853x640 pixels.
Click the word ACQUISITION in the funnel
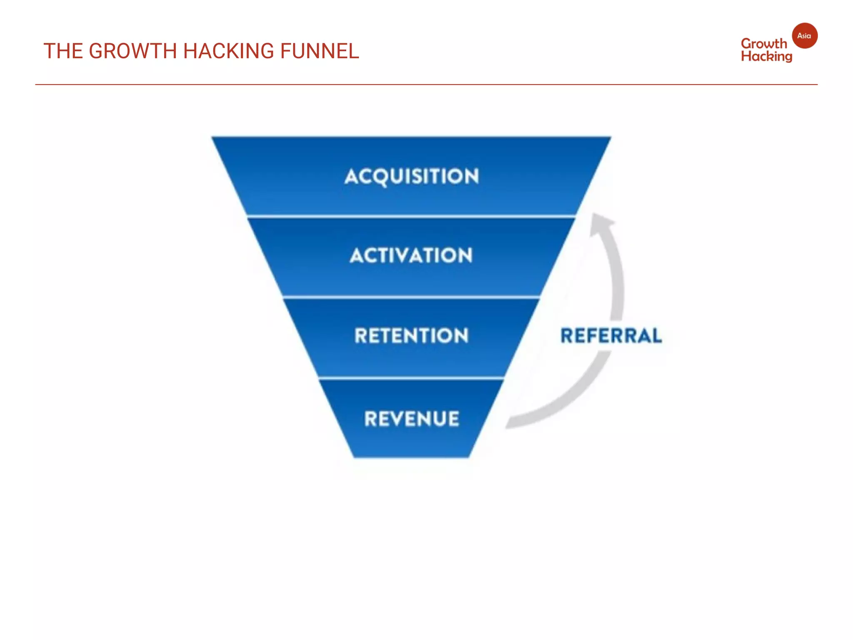[412, 176]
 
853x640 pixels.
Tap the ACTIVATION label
[412, 255]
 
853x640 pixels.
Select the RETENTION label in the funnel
[412, 335]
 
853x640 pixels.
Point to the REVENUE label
[412, 419]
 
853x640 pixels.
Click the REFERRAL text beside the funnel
[611, 336]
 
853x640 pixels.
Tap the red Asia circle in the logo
[804, 36]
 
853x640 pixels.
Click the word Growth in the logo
[764, 44]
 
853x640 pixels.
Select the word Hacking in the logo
[766, 57]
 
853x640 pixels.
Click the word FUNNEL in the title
[319, 51]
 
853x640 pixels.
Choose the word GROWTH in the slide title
[133, 51]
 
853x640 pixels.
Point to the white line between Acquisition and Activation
[412, 216]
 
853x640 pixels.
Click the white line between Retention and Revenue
[412, 378]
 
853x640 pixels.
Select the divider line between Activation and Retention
[412, 297]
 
